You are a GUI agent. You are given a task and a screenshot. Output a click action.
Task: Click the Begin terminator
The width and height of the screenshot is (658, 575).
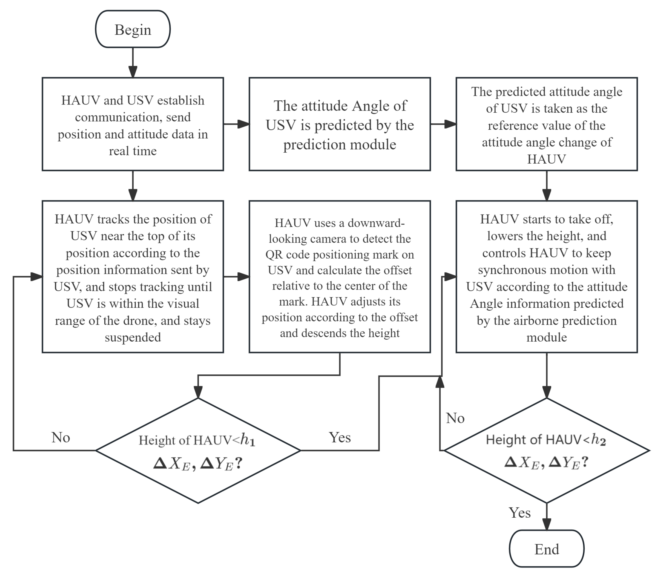[x=133, y=29]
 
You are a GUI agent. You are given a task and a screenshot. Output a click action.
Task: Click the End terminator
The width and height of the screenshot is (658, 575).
[x=546, y=549]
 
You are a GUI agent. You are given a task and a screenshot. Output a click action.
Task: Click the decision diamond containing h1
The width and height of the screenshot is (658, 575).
[x=198, y=451]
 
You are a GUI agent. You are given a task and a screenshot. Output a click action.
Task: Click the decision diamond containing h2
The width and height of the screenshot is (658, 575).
[x=546, y=451]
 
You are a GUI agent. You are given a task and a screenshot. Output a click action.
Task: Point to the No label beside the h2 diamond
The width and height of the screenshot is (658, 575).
[x=455, y=418]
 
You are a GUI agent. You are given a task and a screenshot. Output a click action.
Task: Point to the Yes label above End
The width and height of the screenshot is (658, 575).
[x=519, y=513]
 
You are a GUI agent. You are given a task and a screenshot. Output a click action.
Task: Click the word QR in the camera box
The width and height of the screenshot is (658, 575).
[x=274, y=254]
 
